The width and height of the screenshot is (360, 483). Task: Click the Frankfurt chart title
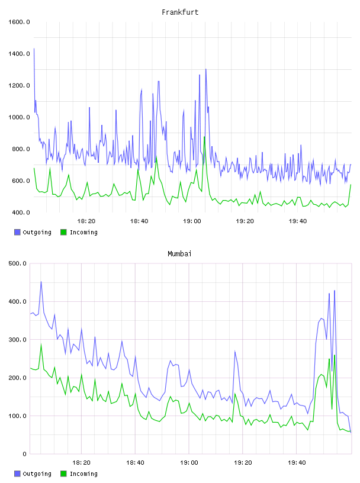click(x=180, y=12)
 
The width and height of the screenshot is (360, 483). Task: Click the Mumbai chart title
click(x=179, y=253)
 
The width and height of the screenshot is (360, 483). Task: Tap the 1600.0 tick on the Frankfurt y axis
click(x=19, y=22)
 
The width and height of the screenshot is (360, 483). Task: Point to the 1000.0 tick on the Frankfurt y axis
click(x=19, y=117)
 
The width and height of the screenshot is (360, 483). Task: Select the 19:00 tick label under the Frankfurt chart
click(x=192, y=221)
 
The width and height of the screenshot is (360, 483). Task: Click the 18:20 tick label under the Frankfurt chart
click(x=86, y=221)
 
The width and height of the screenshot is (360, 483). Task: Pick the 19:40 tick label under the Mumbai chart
click(x=297, y=462)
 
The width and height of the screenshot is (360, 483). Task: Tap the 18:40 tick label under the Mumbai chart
click(x=136, y=462)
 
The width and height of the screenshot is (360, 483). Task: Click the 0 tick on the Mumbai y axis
click(x=25, y=454)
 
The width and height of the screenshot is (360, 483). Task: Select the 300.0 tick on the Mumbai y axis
click(x=18, y=339)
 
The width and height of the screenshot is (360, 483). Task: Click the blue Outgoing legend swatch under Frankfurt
click(x=17, y=232)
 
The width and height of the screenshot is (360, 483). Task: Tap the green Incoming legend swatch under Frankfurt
click(x=63, y=232)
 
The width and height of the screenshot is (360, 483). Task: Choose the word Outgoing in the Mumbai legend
click(x=37, y=474)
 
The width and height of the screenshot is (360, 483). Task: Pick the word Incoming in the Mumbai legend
click(x=83, y=474)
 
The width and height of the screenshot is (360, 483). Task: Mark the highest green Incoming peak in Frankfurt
click(x=204, y=137)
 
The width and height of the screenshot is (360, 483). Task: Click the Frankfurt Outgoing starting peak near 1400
click(x=34, y=49)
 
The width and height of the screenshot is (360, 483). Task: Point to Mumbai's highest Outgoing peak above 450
click(x=41, y=282)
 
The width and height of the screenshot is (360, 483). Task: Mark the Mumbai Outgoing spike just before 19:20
click(x=235, y=351)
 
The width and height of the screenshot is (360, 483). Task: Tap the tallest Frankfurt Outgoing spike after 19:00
click(x=205, y=69)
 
